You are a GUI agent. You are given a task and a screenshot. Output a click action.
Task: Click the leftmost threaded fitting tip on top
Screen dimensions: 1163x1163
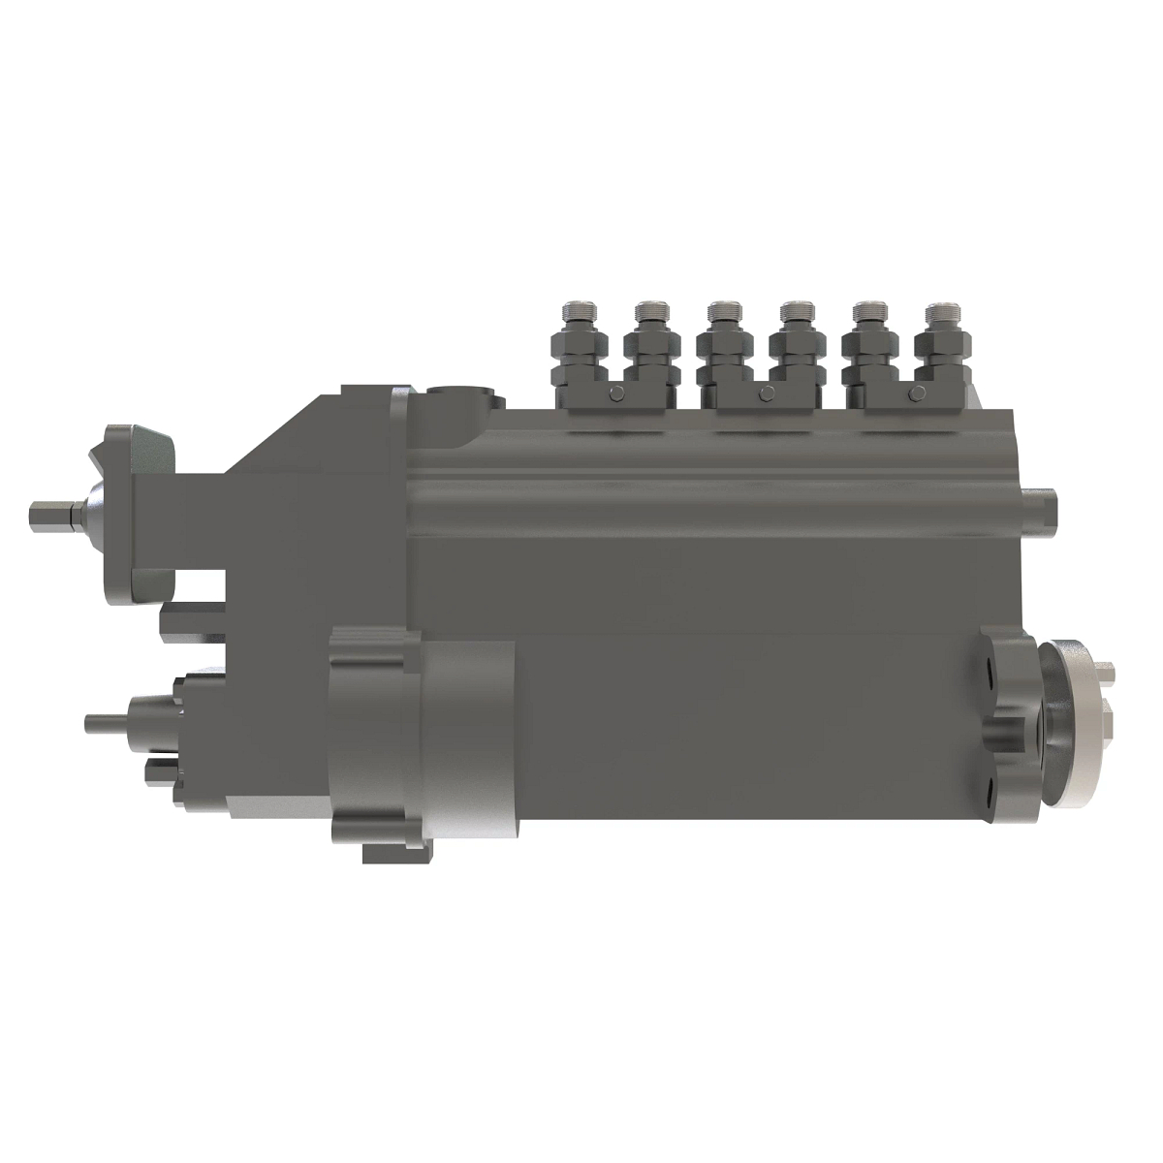(x=577, y=312)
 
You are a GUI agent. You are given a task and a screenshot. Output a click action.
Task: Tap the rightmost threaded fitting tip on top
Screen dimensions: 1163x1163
(x=940, y=312)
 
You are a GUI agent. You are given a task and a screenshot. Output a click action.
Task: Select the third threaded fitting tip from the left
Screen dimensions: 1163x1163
(x=722, y=312)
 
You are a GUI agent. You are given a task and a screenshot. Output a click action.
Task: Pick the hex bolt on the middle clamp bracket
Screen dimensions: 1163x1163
(x=767, y=393)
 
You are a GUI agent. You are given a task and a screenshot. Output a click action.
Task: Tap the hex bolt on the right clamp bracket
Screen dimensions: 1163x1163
(x=915, y=393)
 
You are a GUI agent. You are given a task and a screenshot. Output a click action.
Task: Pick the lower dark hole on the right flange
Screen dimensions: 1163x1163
(x=986, y=787)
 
